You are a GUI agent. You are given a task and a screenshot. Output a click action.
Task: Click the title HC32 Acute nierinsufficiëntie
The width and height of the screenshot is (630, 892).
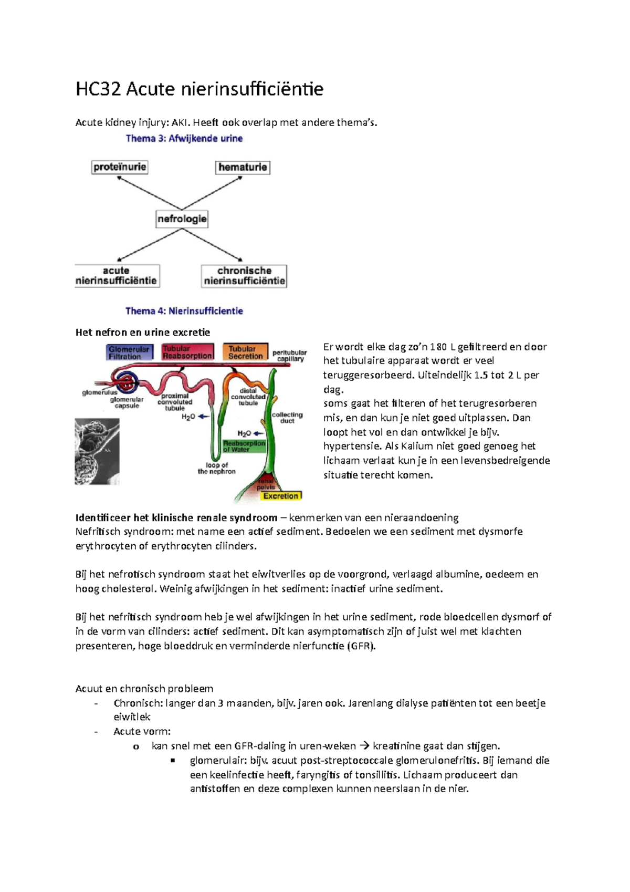coord(199,89)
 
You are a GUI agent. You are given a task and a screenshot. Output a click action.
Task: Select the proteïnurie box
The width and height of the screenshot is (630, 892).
coord(120,167)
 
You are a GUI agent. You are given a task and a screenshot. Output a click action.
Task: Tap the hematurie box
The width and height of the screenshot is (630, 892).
coord(243,167)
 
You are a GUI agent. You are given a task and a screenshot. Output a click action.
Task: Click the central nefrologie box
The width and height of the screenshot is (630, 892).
coord(182,219)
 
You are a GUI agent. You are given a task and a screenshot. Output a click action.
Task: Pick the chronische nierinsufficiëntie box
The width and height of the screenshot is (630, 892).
coord(244,276)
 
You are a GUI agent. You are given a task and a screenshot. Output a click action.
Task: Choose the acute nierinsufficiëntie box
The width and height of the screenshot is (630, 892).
coord(117,276)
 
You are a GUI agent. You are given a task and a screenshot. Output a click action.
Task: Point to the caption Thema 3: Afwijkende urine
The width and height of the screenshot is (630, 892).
coord(184,139)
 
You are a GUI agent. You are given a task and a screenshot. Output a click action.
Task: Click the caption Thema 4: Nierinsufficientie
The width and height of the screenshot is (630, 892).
coord(184,311)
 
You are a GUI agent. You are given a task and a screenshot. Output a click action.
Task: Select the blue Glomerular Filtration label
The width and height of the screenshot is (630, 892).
coord(129,352)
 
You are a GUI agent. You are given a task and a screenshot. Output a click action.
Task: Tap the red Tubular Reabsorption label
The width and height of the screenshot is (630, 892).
coord(187,352)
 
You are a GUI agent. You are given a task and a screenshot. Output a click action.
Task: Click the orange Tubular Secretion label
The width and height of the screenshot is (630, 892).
coord(245,352)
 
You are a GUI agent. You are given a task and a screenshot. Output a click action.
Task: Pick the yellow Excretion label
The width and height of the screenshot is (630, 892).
coord(281,496)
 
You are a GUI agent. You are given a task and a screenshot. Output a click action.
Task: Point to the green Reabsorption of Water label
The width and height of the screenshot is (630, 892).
coord(244,446)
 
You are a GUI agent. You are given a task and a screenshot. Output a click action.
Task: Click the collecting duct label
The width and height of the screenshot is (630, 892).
coord(287,418)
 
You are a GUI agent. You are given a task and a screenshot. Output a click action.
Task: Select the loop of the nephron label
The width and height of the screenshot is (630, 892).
coord(216,468)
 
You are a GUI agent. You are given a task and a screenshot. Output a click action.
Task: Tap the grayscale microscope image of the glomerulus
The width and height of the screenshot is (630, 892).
coord(97,451)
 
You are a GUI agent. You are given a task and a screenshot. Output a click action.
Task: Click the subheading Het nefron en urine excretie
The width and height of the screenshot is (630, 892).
coord(143,332)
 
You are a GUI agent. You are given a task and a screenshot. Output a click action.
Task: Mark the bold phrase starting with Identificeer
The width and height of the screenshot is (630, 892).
coord(176,517)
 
